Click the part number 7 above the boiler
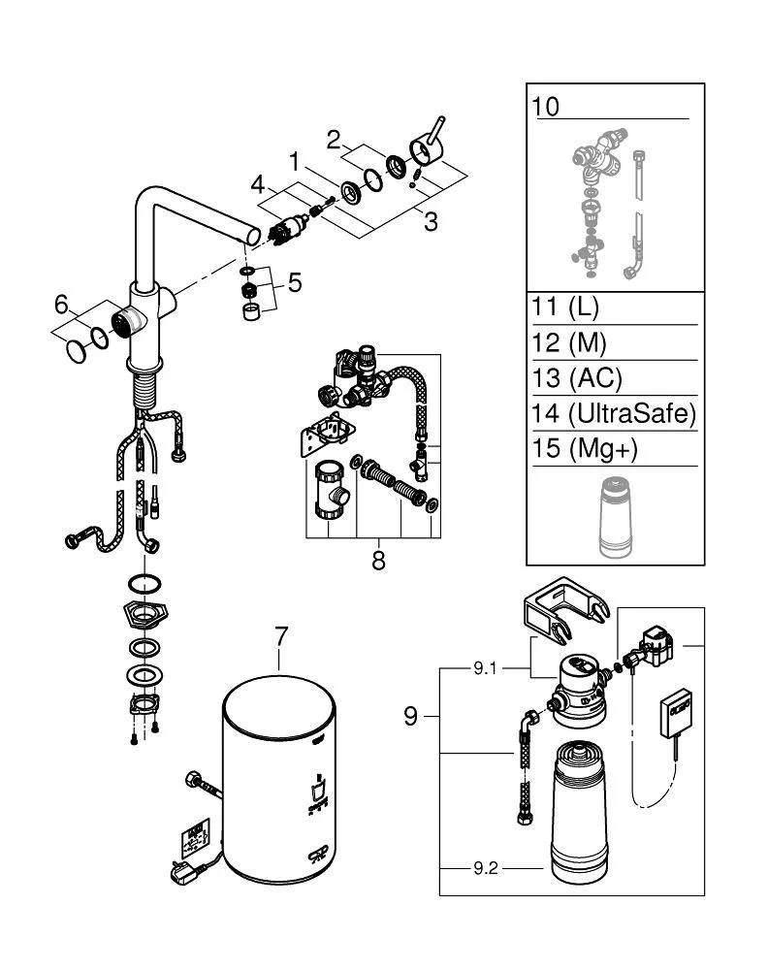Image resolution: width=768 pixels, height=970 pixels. pyautogui.click(x=280, y=637)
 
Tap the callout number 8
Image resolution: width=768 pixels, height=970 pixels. pyautogui.click(x=378, y=560)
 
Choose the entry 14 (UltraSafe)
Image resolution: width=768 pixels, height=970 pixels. pyautogui.click(x=613, y=414)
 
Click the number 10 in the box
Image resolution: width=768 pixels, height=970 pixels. pyautogui.click(x=546, y=106)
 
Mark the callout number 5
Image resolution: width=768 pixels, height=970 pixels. pyautogui.click(x=294, y=283)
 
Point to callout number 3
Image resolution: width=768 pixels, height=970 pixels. pyautogui.click(x=430, y=221)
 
